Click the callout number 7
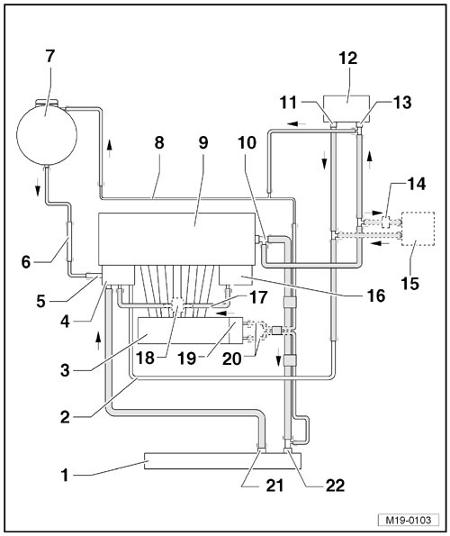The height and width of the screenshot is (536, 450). [x=49, y=57]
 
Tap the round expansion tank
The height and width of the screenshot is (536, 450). [x=47, y=133]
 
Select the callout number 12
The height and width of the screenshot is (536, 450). [x=348, y=59]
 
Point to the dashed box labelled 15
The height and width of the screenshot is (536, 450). [x=418, y=229]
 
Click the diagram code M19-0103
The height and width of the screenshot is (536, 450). [x=409, y=520]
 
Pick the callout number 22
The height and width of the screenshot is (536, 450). [x=336, y=486]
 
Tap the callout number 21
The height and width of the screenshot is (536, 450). [x=274, y=486]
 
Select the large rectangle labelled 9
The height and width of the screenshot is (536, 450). [x=176, y=239]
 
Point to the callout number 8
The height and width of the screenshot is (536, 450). [x=159, y=142]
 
